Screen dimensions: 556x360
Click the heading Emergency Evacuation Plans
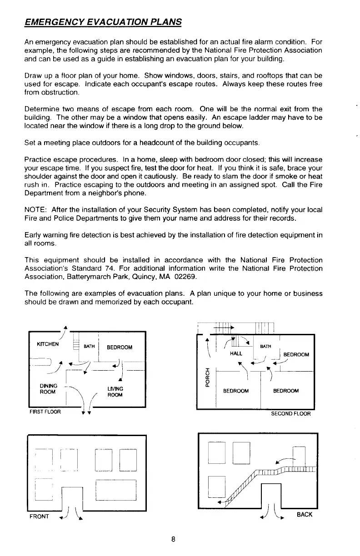pos(103,22)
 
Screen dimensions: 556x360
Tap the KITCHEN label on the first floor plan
pos(48,344)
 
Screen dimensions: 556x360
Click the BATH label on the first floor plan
pos(90,347)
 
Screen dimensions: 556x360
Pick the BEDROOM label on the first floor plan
pos(120,347)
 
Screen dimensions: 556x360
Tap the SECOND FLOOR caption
pos(291,414)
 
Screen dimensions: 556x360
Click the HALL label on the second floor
pos(236,352)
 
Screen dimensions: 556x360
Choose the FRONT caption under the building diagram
pos(40,516)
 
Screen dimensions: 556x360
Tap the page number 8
pos(173,540)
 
